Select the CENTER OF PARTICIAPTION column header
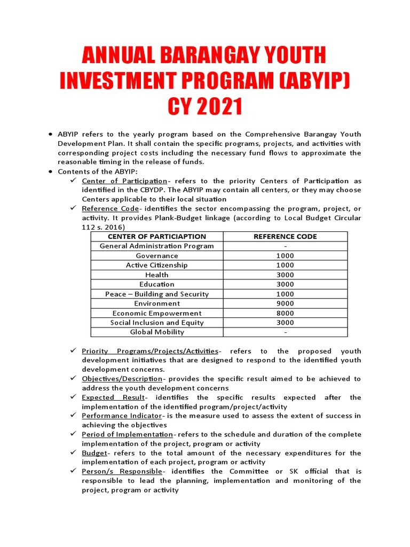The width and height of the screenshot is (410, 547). pos(156,237)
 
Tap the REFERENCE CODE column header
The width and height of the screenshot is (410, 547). pos(286,237)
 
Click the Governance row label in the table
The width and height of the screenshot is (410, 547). pos(156,256)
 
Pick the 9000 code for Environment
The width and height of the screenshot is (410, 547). pos(286,303)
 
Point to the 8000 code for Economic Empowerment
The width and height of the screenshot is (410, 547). pos(286,313)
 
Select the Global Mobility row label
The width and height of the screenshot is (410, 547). pos(156,332)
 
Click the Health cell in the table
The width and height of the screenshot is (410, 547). pos(156,275)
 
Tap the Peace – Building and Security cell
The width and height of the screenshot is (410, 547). pos(156,294)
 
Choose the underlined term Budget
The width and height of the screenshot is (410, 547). pos(94,453)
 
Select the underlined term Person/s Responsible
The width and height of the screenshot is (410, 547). pos(122,472)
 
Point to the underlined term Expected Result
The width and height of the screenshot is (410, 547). pos(113,397)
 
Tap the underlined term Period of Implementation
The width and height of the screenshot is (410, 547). pos(127,434)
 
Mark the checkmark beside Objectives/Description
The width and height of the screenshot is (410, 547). pos(73,378)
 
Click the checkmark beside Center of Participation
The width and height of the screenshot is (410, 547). pos(73,181)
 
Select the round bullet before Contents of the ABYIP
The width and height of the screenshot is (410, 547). pos(50,171)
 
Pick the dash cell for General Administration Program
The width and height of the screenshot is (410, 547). pos(286,246)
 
